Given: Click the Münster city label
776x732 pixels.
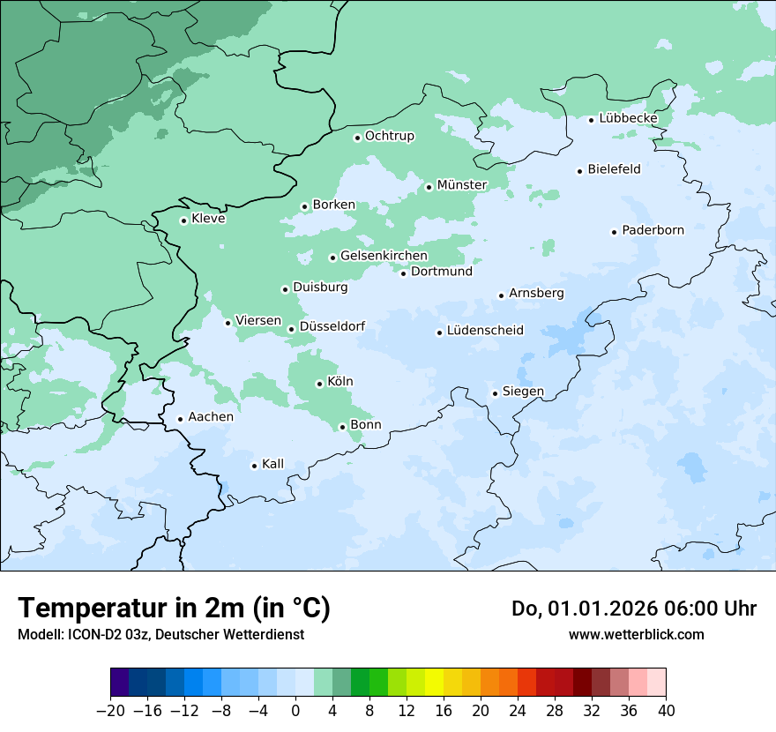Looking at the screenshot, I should pyautogui.click(x=462, y=184).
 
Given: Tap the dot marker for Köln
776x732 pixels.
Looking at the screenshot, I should pyautogui.click(x=320, y=384).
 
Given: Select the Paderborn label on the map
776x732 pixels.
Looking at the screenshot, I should pyautogui.click(x=653, y=230).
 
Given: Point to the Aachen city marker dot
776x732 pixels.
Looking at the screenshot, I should pyautogui.click(x=180, y=420).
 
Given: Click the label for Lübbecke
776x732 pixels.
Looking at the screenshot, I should pyautogui.click(x=628, y=118).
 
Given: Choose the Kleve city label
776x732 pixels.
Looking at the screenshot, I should pyautogui.click(x=208, y=219).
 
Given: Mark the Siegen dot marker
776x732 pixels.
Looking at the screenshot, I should pyautogui.click(x=496, y=393).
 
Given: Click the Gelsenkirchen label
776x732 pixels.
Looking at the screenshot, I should pyautogui.click(x=384, y=256).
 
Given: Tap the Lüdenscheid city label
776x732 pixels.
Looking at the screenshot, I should pyautogui.click(x=485, y=331).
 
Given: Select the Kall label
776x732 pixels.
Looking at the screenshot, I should pyautogui.click(x=272, y=464).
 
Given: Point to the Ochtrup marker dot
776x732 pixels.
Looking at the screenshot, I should pyautogui.click(x=358, y=138).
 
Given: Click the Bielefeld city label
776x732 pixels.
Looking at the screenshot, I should pyautogui.click(x=614, y=168).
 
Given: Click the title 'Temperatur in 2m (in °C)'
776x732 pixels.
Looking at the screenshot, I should pyautogui.click(x=174, y=608).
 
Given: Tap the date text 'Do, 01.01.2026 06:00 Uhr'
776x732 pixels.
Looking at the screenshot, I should pyautogui.click(x=633, y=609).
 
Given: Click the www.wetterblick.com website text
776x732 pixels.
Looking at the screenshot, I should pyautogui.click(x=636, y=634).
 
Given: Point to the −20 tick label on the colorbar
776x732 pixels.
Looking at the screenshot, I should pyautogui.click(x=110, y=711).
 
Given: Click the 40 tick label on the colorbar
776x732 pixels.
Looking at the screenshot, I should pyautogui.click(x=666, y=711).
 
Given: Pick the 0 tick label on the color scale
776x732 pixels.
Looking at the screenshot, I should pyautogui.click(x=295, y=711).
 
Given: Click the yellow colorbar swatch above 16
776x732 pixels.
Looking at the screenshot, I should pyautogui.click(x=434, y=683).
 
